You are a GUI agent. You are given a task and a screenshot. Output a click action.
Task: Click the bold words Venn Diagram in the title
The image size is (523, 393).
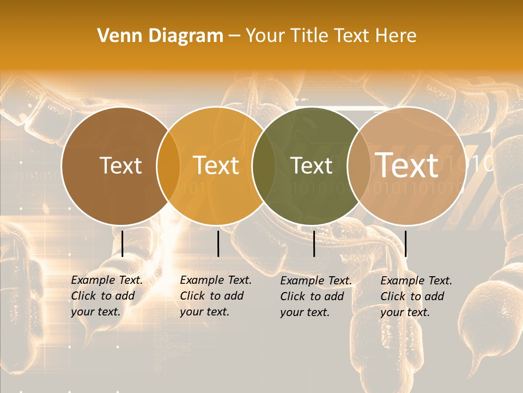[x=160, y=36]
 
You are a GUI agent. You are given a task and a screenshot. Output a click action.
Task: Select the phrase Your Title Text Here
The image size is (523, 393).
[x=331, y=36]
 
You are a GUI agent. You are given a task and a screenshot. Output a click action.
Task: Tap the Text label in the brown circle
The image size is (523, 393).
[x=120, y=165]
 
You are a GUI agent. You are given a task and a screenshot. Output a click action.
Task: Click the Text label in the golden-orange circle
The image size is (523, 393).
[x=216, y=165]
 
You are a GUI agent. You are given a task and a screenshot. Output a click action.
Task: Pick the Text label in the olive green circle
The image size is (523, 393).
[x=312, y=165]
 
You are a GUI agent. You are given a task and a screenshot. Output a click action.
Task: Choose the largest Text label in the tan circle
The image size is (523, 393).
[x=407, y=165]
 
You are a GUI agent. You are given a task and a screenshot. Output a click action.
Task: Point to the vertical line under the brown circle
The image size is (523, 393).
[x=122, y=243]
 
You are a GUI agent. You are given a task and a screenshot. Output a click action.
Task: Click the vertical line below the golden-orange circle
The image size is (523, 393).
[x=218, y=243]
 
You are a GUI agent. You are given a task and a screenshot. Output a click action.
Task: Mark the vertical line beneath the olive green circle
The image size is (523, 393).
[x=314, y=243]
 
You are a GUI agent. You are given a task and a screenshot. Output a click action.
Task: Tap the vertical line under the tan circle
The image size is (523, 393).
[x=405, y=243]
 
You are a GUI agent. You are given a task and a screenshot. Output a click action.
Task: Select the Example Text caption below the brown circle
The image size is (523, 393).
[x=107, y=296]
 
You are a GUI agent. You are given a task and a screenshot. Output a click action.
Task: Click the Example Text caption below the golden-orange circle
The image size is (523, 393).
[x=216, y=296]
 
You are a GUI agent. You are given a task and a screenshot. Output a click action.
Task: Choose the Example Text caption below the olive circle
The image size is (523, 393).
[x=316, y=296]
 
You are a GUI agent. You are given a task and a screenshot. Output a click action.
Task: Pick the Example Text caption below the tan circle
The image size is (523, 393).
[x=416, y=296]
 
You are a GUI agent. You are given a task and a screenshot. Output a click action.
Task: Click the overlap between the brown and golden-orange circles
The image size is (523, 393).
[x=168, y=165]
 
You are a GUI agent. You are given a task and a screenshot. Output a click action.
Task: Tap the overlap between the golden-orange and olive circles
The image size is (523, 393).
[x=264, y=165]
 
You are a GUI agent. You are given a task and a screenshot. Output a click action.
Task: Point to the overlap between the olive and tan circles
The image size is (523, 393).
[x=359, y=165]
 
